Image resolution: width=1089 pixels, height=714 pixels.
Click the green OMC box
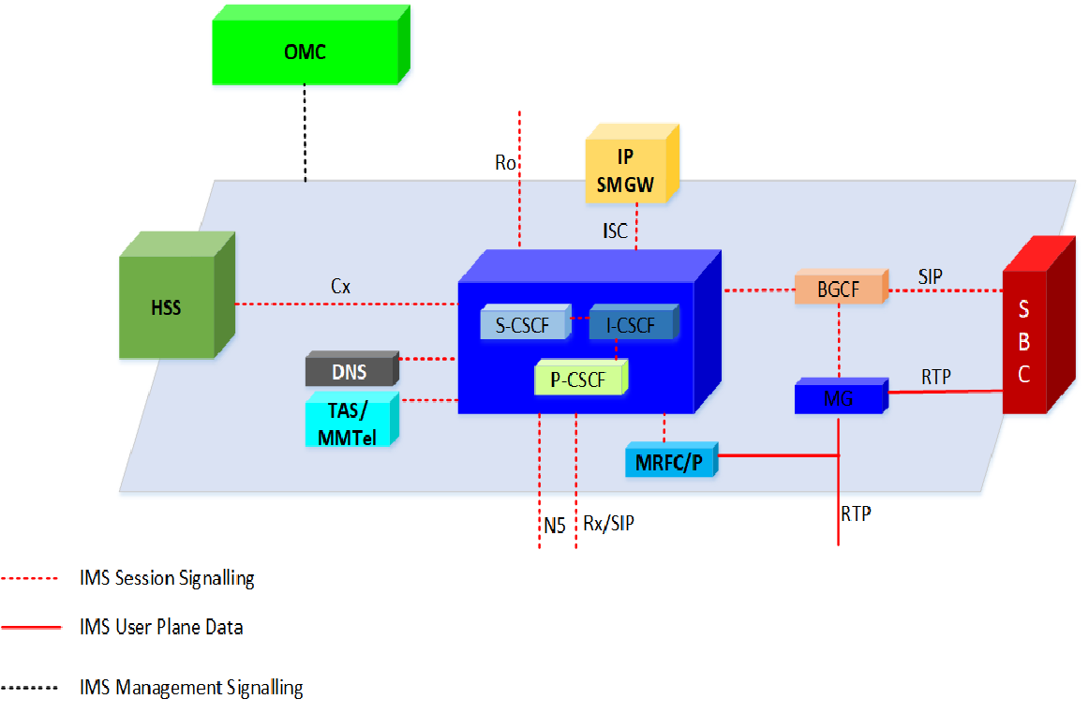point(305,52)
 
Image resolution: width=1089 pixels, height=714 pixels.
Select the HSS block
point(168,307)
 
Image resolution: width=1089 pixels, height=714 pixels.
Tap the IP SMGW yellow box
point(625,167)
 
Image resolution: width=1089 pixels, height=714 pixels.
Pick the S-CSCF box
point(524,324)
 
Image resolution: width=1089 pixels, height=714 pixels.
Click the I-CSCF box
point(630,324)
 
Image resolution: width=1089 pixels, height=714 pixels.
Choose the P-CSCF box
point(579,379)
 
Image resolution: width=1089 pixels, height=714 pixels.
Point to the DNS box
point(350,372)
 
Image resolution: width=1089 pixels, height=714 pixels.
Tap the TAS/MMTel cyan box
point(349,422)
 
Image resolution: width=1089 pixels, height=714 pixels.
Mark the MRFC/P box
point(669,463)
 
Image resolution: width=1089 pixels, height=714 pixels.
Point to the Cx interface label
point(341,288)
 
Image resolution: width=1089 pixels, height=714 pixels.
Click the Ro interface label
point(505,163)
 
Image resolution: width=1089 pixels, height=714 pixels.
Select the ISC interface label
point(615,231)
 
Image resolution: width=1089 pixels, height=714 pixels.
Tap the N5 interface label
point(555,527)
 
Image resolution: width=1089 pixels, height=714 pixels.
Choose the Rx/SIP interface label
point(608,524)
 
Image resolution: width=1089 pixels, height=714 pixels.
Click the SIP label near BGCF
point(931,276)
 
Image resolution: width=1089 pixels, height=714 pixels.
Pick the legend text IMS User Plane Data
point(161,628)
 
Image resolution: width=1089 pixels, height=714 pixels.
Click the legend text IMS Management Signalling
point(191,688)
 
